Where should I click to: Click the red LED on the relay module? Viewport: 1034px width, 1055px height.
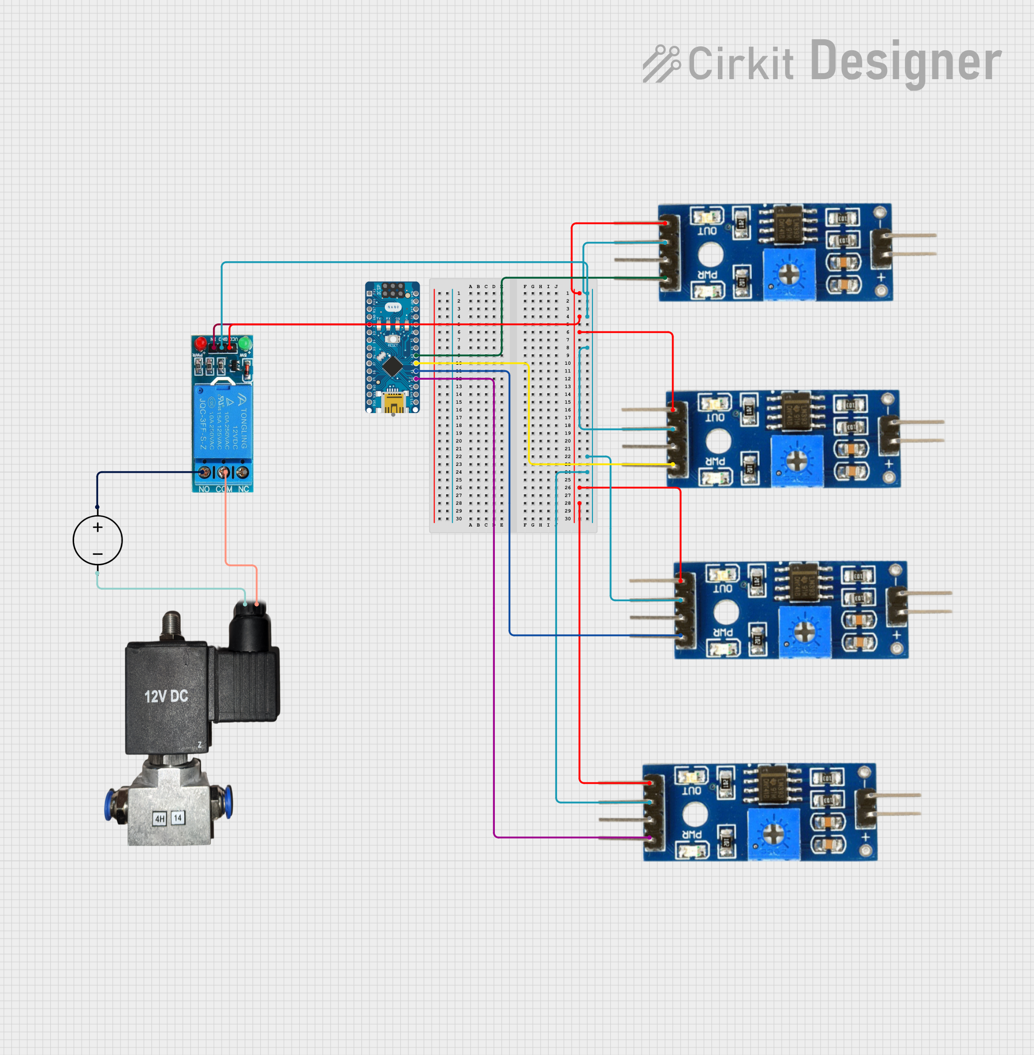[x=201, y=344]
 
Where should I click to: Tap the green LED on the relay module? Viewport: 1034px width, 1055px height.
[x=245, y=344]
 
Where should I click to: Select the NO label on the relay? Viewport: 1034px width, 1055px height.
[x=204, y=489]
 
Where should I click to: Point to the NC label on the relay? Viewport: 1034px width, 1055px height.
[x=243, y=489]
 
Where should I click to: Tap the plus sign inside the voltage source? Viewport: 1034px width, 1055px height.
[x=98, y=527]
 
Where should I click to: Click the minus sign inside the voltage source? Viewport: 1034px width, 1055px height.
[x=98, y=554]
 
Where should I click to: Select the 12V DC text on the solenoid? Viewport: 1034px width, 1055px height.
[x=166, y=697]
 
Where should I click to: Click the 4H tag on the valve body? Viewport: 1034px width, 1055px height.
[x=160, y=819]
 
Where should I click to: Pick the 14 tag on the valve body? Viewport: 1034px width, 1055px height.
[x=178, y=818]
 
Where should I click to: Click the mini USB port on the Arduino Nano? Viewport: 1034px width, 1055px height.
[x=393, y=403]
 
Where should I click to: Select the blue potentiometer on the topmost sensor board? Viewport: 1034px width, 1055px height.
[x=789, y=274]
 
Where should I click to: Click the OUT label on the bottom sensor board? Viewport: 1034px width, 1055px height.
[x=691, y=791]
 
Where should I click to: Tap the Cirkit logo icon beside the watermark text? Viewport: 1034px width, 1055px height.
[x=661, y=64]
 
